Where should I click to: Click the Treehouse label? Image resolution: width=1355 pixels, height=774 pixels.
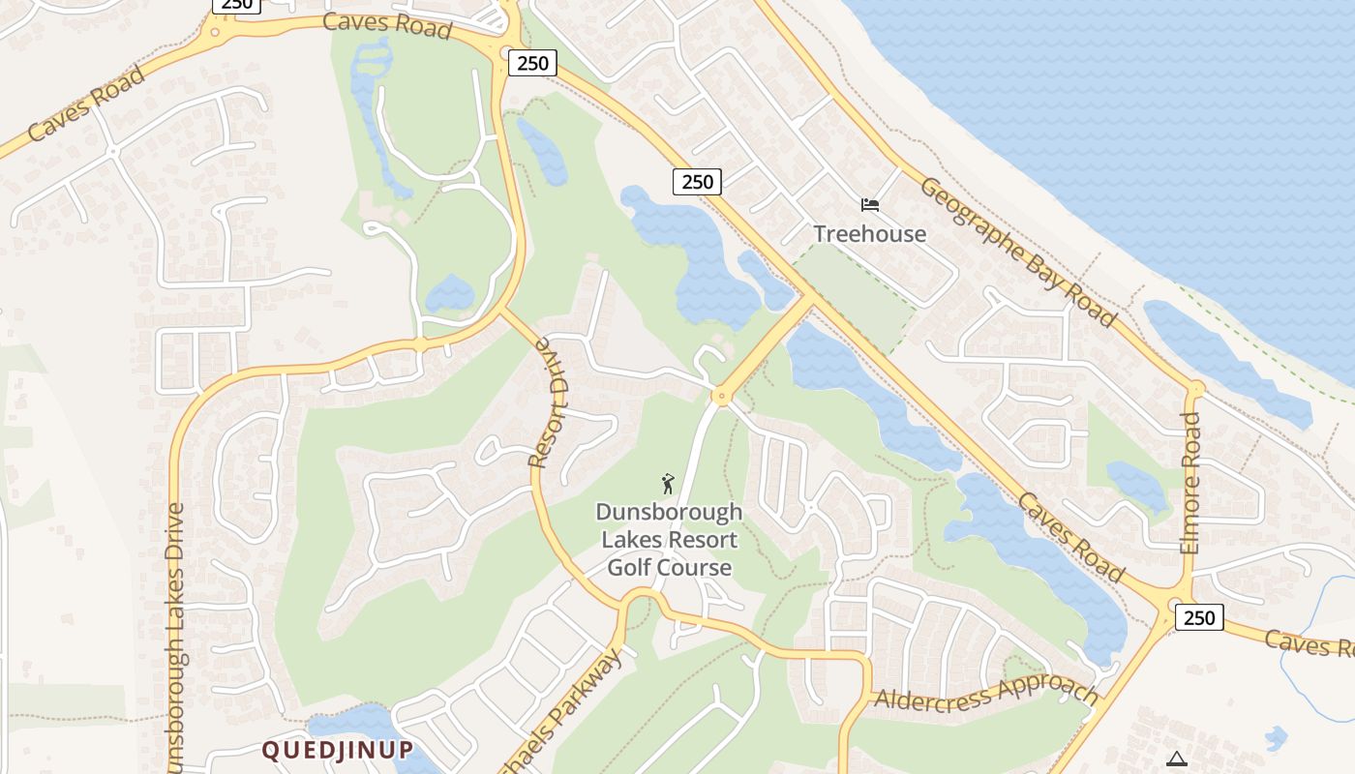coord(869,233)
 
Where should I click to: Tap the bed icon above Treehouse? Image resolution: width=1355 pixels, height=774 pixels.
coord(870,205)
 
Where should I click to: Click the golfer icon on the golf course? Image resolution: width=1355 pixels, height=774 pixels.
coord(668,483)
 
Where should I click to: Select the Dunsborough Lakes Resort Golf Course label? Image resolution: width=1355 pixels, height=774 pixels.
coord(669,539)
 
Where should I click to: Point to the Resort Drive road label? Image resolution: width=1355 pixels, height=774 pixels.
coord(549,402)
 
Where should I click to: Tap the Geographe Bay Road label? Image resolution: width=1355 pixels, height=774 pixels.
coord(1017,252)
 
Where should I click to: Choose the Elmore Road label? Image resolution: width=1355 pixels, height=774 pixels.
coord(1190,484)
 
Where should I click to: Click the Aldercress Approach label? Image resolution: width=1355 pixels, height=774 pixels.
coord(985,695)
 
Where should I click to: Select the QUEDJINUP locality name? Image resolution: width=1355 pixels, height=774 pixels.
coord(338,750)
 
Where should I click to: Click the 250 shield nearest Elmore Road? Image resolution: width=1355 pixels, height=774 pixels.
coord(1199,617)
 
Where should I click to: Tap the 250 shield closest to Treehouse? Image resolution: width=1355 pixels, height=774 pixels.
coord(697,181)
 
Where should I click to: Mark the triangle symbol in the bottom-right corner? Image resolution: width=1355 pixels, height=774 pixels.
coord(1176,759)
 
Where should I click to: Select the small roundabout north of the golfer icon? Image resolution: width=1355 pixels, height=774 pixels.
coord(719,396)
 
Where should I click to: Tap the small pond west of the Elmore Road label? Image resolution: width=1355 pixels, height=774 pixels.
coord(1137,484)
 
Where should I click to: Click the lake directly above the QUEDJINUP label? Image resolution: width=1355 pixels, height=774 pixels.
coord(348,721)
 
